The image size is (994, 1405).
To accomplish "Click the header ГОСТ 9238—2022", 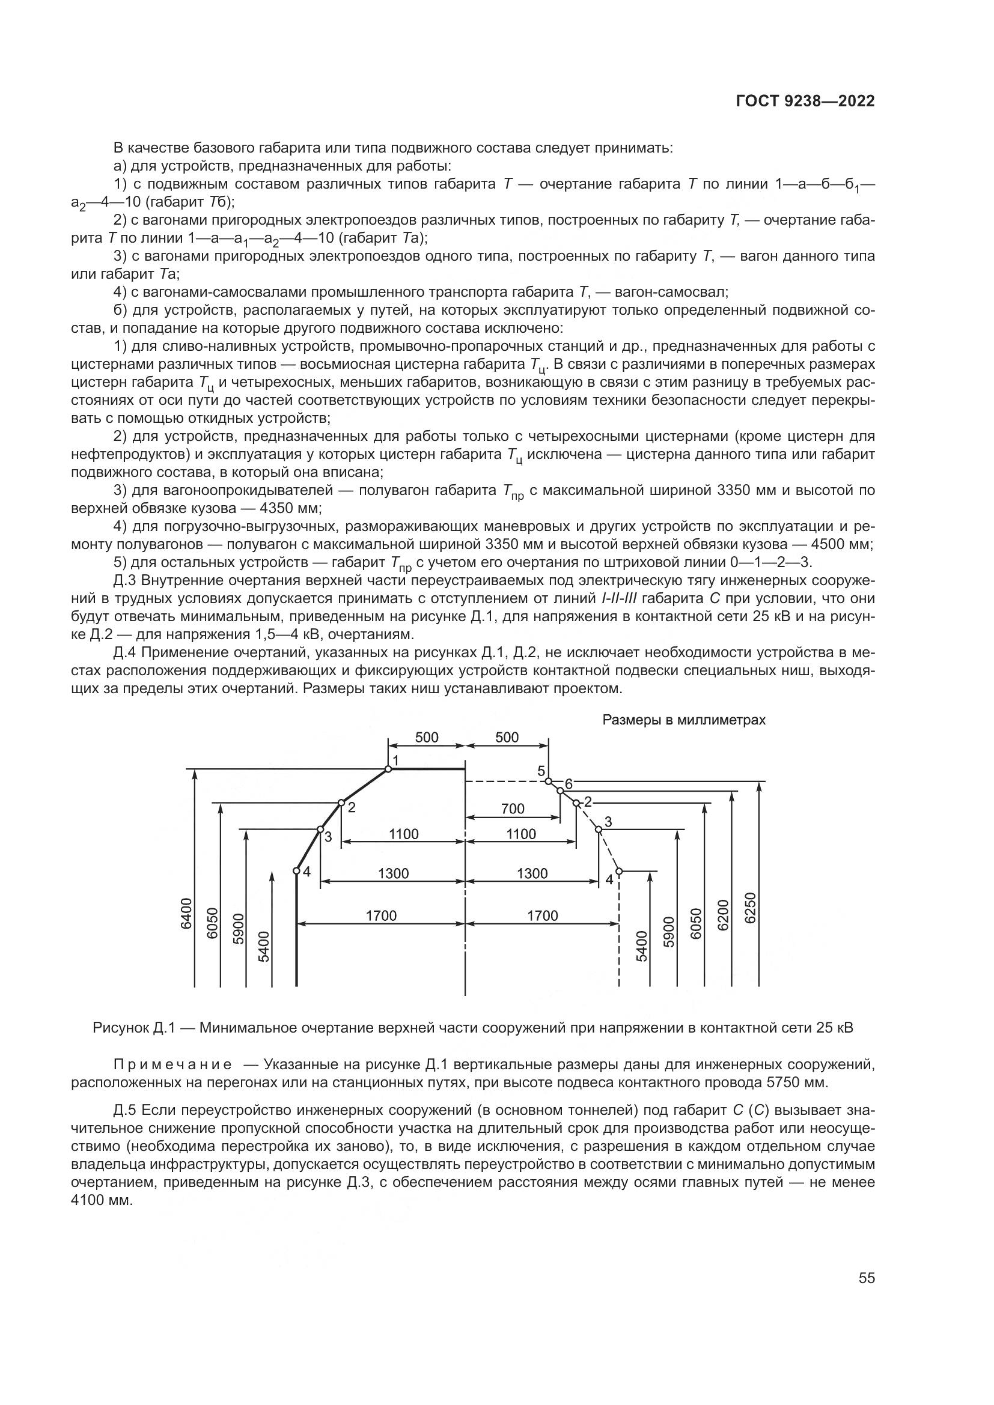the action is pos(805,102).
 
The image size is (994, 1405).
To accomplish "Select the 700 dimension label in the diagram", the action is pos(512,809).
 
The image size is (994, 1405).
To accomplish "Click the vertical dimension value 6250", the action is pos(751,909).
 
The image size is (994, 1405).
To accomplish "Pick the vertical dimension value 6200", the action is pos(724,915).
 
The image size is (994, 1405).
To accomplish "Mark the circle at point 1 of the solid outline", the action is pos(388,769).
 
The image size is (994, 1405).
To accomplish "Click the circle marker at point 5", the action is pos(549,781).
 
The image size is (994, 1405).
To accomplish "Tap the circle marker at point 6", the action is pos(560,791).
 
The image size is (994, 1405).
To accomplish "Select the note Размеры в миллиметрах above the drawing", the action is pos(684,720).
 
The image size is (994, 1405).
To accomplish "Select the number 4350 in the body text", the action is pos(275,509).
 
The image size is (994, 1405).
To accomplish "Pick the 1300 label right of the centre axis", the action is pos(532,873).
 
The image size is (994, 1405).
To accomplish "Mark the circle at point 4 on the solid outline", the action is pos(296,871).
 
